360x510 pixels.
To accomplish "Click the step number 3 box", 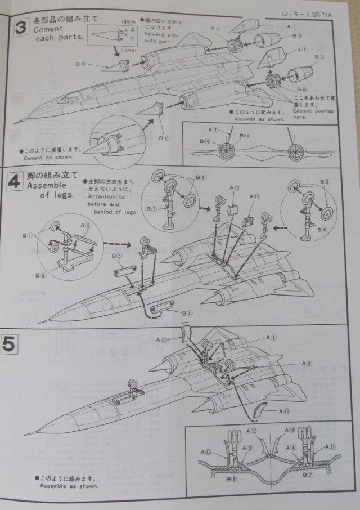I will click(x=21, y=28).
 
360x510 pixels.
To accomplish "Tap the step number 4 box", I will click(x=21, y=184).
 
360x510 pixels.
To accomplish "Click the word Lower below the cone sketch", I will click(x=129, y=51).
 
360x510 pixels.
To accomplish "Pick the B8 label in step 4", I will click(x=39, y=275).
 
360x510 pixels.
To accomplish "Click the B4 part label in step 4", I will click(x=187, y=313).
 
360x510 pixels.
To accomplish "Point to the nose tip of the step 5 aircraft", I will click(x=24, y=434).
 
